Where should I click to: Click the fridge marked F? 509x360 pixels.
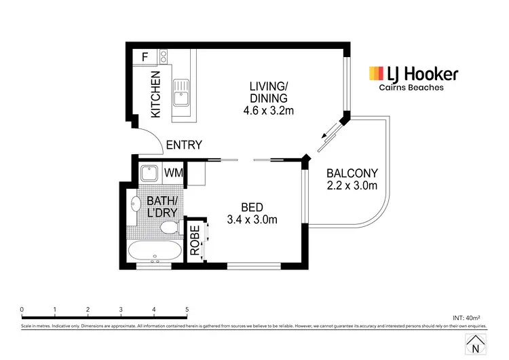coord(144,58)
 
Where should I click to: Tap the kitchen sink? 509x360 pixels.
coord(181,93)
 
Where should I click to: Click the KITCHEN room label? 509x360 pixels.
coord(156,94)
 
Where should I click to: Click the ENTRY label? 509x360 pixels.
coord(184,145)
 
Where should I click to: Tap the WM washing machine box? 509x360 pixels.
coord(172,173)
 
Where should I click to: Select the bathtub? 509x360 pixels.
coord(155,251)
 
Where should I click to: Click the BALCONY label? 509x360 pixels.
coord(352,173)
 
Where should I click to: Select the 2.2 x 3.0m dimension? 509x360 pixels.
coord(352,185)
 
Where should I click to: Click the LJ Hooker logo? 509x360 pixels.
coord(413,74)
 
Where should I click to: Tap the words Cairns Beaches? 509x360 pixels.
coord(411,88)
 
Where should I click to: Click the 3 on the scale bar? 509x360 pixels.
coord(121,310)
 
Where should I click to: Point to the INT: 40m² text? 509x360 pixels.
coord(466,317)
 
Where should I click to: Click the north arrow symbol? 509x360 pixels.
coord(474,344)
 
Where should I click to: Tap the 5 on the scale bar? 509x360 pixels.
coord(187,310)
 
